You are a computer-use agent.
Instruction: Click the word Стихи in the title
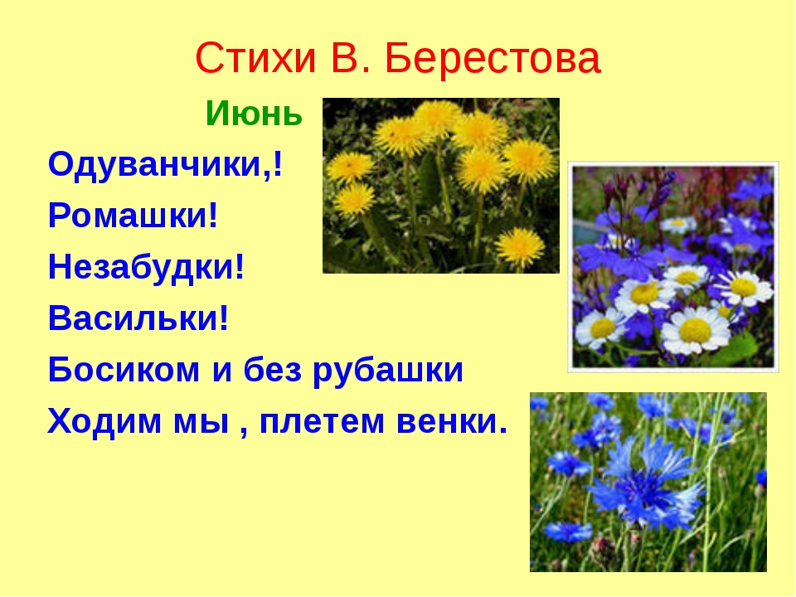coord(255,58)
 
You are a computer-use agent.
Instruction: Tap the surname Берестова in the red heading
coord(493,58)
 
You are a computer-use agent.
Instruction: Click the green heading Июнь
coord(254,113)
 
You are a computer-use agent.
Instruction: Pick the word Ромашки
coord(128,216)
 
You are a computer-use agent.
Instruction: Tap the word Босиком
coord(124,370)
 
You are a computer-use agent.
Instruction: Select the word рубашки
coord(388,371)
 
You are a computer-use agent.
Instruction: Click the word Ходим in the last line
coord(104,421)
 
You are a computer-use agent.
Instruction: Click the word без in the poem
coord(273,370)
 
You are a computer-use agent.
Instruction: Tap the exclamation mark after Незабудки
coord(240,267)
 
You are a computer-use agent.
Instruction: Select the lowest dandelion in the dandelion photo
coord(519,247)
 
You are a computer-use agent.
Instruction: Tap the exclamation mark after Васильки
coord(224,318)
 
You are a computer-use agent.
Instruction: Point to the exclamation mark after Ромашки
coord(213,216)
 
